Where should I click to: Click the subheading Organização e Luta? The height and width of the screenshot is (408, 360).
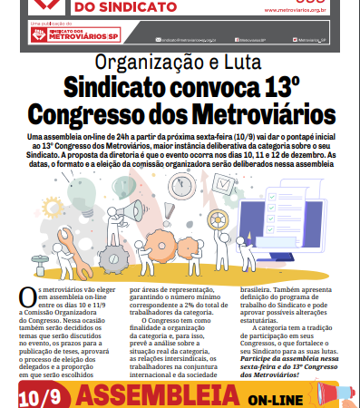click(x=180, y=64)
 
